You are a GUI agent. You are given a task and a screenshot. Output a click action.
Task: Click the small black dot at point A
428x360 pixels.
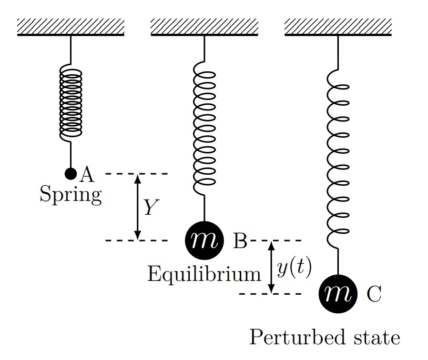pos(71,173)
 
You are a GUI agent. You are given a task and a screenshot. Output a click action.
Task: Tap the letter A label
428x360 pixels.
pos(86,175)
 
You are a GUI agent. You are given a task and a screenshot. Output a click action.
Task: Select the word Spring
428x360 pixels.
pos(71,195)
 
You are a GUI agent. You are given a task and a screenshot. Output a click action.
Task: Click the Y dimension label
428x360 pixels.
pos(151,207)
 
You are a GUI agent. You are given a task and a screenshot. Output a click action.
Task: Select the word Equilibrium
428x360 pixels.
pos(204,274)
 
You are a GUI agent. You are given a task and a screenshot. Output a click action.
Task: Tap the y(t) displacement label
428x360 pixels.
pos(294,269)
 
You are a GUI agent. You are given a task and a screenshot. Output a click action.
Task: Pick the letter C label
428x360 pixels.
pos(374,295)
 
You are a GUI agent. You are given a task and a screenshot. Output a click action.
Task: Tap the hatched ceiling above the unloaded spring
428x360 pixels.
pos(71,27)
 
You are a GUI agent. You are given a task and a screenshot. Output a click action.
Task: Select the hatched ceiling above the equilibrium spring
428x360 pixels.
pos(204,27)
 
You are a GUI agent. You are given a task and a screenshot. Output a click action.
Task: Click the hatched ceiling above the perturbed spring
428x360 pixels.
pos(338,27)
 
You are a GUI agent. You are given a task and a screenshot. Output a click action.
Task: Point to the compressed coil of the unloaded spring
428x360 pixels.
pos(71,102)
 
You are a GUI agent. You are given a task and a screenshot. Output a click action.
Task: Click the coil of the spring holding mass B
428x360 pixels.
pos(204,126)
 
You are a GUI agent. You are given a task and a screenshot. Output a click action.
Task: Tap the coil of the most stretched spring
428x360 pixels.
pos(338,157)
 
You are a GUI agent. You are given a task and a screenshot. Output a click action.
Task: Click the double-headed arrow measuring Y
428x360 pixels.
pos(138,207)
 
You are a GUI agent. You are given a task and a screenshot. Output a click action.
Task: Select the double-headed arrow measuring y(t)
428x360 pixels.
pos(271,267)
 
